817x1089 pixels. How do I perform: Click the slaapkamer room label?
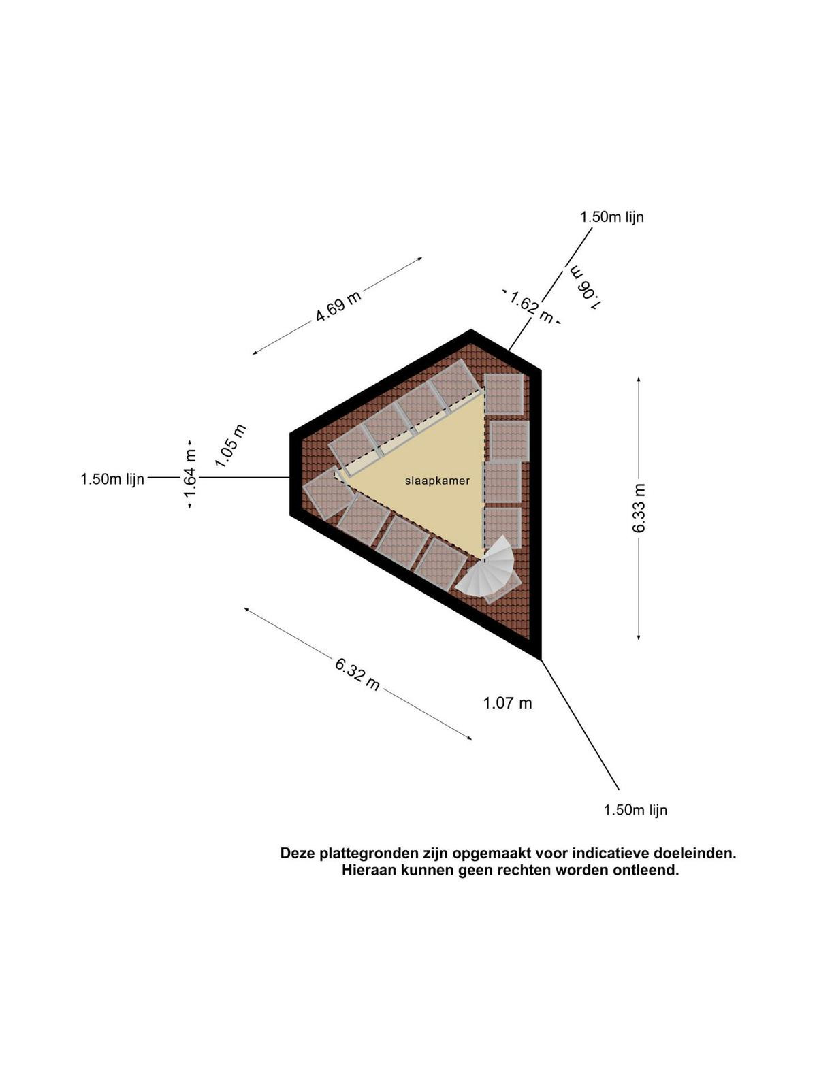coord(437,481)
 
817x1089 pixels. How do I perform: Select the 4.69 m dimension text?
coord(338,306)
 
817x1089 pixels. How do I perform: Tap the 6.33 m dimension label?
coord(639,508)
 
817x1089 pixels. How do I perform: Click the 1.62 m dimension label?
coord(531,308)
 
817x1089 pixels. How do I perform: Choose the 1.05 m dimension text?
coord(231,446)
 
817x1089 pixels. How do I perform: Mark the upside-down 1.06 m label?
coord(587,287)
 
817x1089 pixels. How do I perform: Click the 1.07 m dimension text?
coord(507,703)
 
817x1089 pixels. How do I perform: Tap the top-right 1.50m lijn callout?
coord(612,217)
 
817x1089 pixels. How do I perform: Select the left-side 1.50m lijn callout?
coord(112,478)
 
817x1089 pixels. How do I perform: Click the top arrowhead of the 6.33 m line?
coord(639,379)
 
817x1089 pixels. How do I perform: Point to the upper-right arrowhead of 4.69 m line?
coord(419,259)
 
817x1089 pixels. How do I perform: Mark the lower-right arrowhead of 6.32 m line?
coord(469,738)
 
